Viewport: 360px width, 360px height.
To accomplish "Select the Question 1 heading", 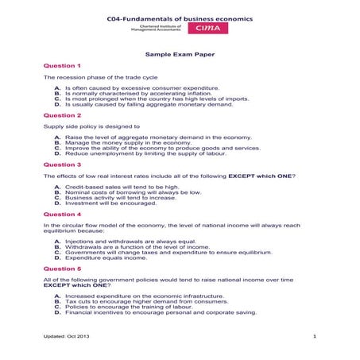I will click(x=62, y=65).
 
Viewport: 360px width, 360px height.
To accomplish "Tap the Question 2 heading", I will click(x=62, y=115).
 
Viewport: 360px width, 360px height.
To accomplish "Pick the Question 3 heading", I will click(x=62, y=165).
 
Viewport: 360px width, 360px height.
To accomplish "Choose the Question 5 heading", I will click(x=62, y=269).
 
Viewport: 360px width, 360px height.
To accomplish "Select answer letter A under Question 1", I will click(x=57, y=87).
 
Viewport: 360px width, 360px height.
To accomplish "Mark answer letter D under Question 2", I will click(x=57, y=153).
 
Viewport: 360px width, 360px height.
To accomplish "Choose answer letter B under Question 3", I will click(x=57, y=192).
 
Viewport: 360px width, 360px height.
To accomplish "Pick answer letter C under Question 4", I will click(x=57, y=252).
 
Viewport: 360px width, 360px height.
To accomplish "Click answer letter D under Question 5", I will click(x=57, y=312).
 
